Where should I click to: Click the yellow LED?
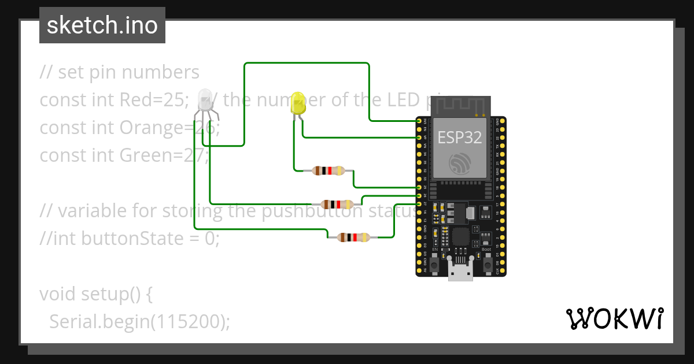point(298,103)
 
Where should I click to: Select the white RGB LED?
point(205,101)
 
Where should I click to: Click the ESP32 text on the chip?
point(459,137)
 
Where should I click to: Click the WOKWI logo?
point(614,318)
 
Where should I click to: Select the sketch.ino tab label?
point(102,26)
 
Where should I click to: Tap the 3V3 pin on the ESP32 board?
point(419,121)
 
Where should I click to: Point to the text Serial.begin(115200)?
point(139,321)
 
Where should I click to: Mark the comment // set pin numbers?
point(119,72)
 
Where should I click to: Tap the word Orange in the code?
point(156,128)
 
